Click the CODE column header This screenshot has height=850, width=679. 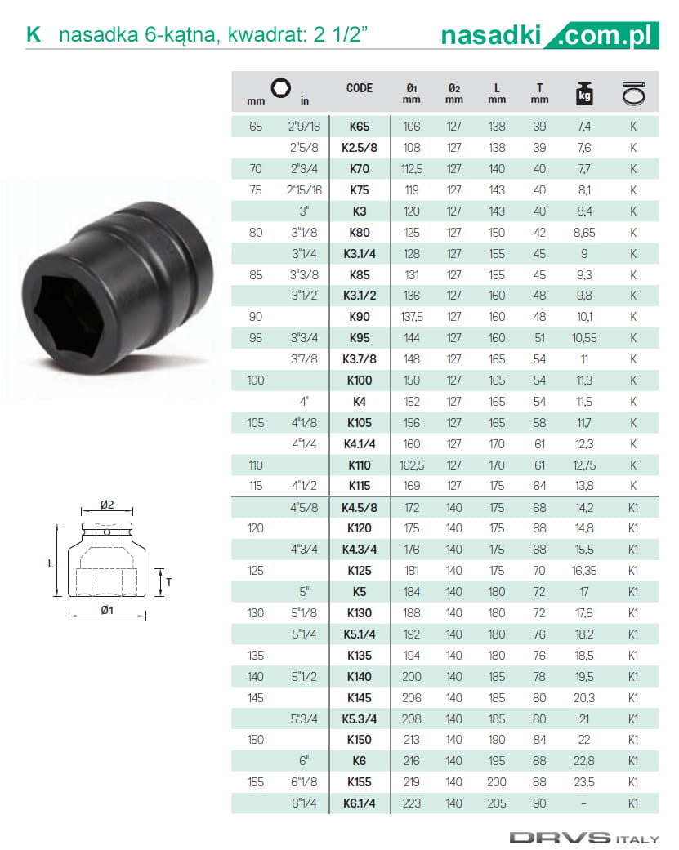point(359,88)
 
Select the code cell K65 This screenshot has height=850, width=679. point(359,127)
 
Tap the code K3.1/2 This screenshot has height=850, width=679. point(359,296)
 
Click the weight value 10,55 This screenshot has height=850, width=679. point(584,338)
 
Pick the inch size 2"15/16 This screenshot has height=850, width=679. point(304,190)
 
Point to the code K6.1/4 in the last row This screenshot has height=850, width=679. point(359,803)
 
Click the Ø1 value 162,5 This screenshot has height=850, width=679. point(412,465)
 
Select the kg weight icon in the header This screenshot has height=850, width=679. point(584,93)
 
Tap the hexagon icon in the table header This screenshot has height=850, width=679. point(281,88)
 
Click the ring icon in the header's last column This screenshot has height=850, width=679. point(633,93)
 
